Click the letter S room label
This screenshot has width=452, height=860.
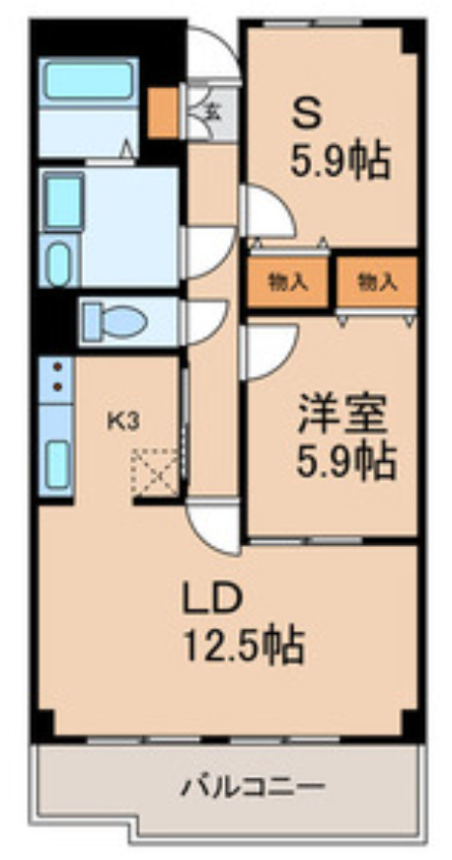pyautogui.click(x=306, y=112)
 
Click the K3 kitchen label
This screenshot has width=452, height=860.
pyautogui.click(x=122, y=421)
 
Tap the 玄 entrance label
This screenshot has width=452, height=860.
pyautogui.click(x=211, y=110)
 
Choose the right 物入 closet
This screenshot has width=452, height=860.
pyautogui.click(x=376, y=281)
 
